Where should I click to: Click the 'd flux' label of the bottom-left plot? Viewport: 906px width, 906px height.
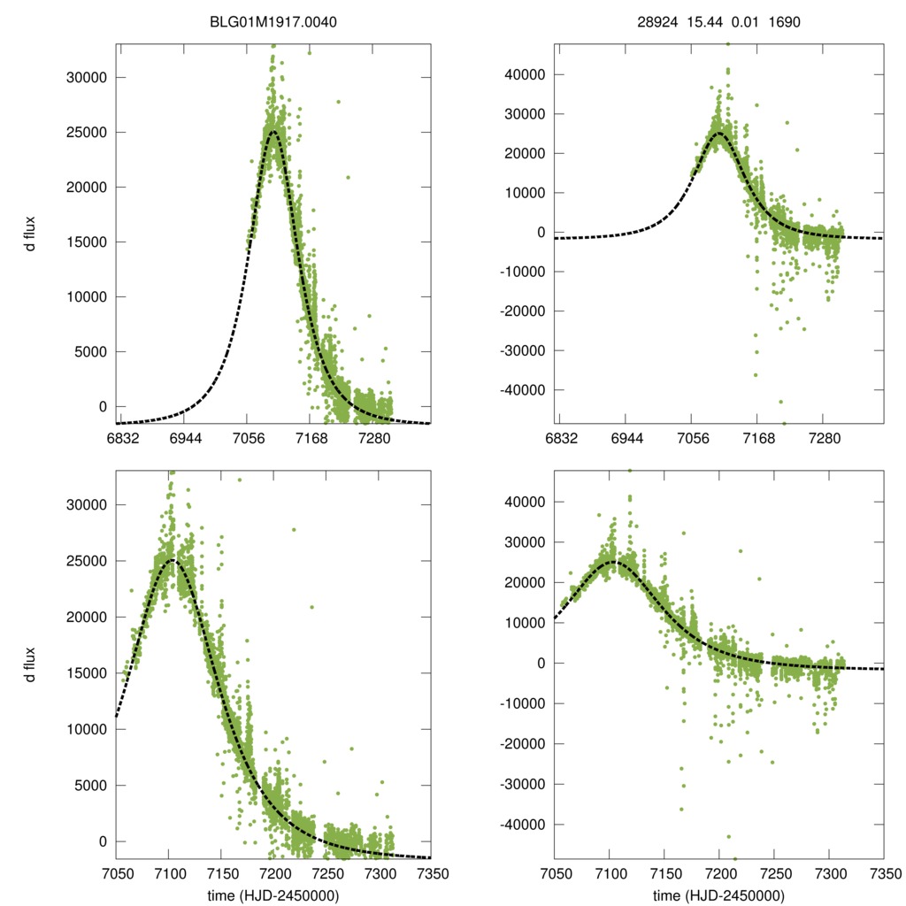[30, 664]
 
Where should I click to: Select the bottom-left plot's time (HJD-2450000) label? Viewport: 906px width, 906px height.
[273, 895]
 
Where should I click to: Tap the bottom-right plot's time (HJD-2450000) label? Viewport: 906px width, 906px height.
[718, 895]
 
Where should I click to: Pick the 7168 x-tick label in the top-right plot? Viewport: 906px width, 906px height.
[757, 439]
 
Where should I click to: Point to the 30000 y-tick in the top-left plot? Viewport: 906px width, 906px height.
[86, 77]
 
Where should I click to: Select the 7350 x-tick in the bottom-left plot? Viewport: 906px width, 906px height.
[432, 873]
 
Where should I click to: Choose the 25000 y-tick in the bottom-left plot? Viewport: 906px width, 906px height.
[86, 561]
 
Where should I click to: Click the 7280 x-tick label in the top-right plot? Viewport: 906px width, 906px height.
[824, 439]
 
